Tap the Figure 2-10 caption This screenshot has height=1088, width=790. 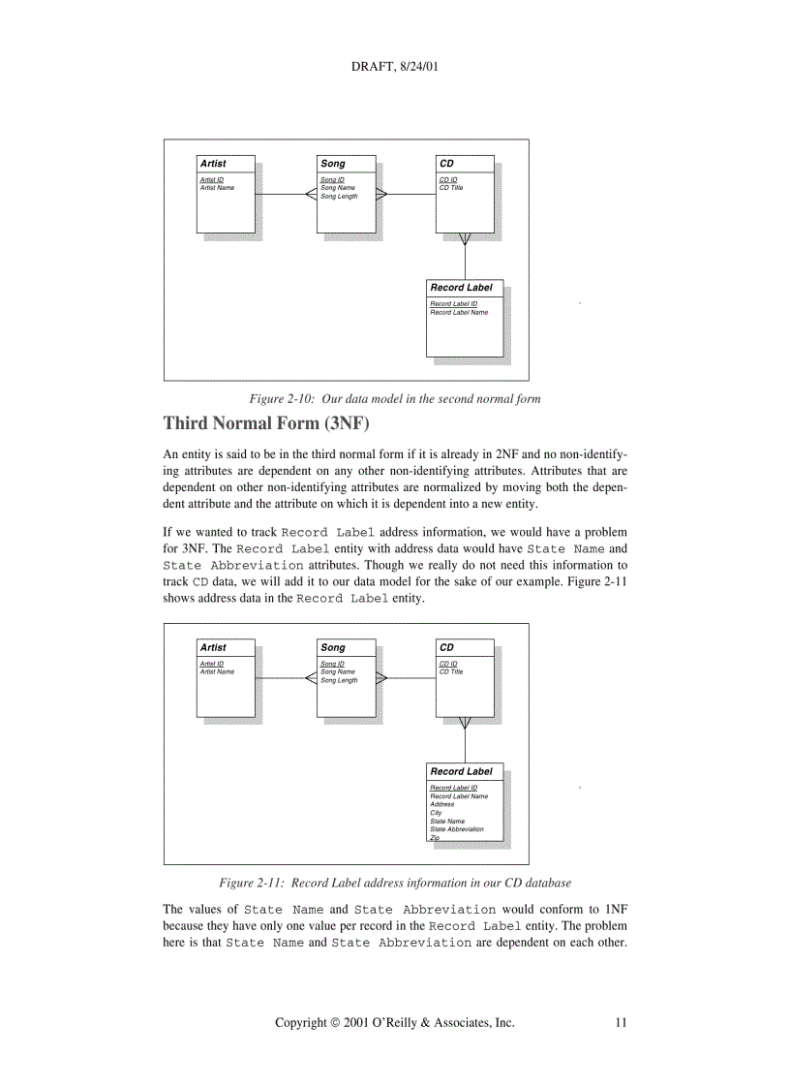coord(395,398)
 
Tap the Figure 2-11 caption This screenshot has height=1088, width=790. coord(395,883)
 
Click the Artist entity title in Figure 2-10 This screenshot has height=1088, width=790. coord(213,164)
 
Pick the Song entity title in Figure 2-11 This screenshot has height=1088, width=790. coord(333,648)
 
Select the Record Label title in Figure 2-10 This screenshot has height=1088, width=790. coord(461,288)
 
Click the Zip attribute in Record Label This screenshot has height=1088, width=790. coord(435,838)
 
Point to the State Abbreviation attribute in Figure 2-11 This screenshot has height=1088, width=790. coord(457,829)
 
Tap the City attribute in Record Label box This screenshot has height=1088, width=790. coord(436,813)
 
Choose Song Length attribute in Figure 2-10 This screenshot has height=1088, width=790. coord(339,197)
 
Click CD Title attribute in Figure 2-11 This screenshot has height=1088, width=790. coord(451,671)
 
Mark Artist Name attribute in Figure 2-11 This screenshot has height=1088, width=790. coord(217,671)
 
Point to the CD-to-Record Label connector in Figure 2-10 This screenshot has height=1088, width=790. coord(466,260)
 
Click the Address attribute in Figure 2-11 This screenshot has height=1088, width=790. coord(441,804)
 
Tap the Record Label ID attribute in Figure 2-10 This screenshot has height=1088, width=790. coord(453,303)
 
